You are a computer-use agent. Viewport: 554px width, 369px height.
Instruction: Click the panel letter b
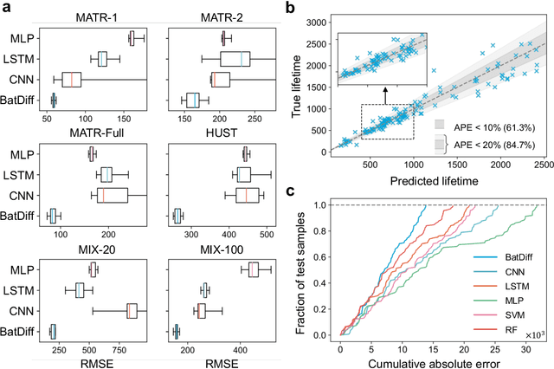point(300,8)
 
